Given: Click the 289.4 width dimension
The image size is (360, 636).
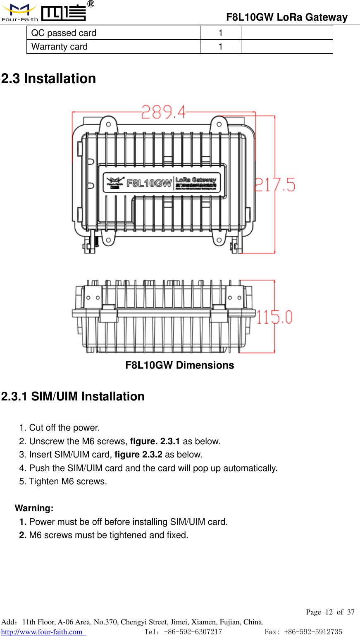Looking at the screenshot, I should (163, 112).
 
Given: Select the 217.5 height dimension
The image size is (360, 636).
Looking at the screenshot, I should (275, 185).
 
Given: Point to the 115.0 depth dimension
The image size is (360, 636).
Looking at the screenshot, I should (274, 317).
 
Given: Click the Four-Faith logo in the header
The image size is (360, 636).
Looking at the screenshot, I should (44, 12).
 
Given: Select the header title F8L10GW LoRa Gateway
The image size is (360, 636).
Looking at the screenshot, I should (287, 17).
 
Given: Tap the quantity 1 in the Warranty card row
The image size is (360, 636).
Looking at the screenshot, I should (221, 47).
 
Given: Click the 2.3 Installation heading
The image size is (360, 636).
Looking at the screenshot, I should (49, 79).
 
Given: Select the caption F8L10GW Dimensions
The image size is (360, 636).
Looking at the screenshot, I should (180, 365).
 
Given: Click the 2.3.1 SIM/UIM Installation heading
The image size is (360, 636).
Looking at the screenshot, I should (73, 397).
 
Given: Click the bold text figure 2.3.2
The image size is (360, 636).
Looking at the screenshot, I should (138, 455).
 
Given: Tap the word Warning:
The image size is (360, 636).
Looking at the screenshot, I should (34, 508).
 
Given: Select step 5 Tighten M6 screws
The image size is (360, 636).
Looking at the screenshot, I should (63, 481).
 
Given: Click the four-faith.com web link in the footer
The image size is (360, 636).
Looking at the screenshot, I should (42, 632).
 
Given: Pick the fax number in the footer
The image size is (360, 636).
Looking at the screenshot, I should (303, 632).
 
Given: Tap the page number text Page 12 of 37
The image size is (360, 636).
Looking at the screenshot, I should (330, 612).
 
